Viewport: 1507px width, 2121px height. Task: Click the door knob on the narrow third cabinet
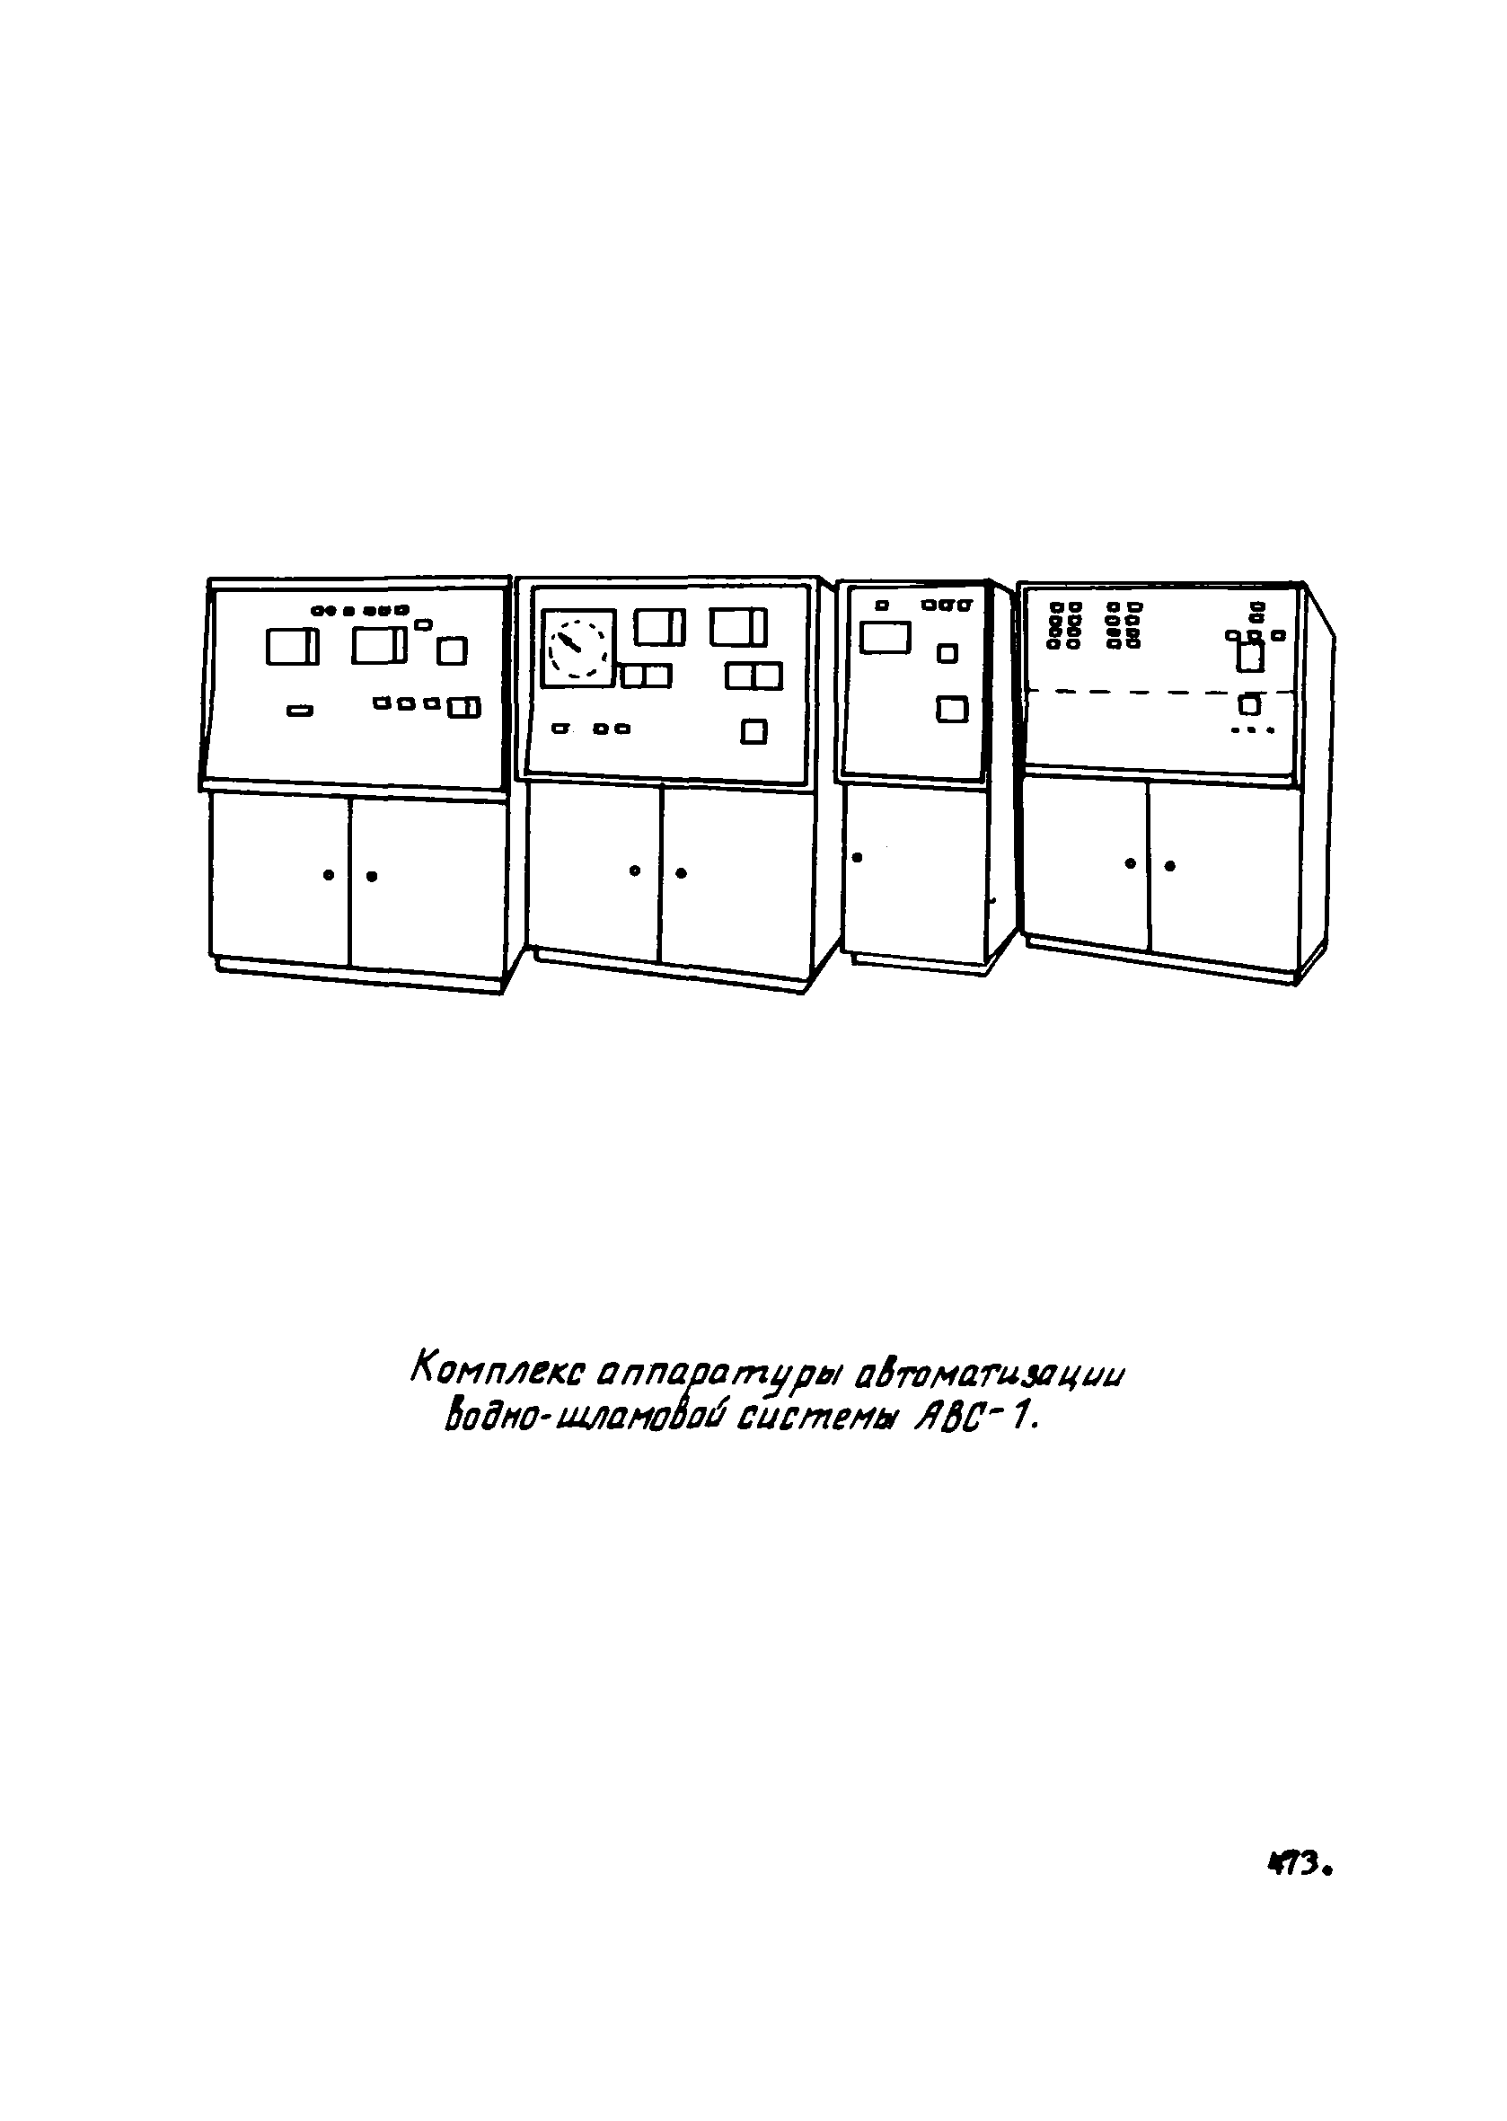coord(857,857)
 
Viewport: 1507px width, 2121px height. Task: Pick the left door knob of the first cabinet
coord(328,875)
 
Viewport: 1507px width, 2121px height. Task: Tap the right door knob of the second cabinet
coord(681,872)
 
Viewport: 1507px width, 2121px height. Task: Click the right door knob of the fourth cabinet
coord(1169,866)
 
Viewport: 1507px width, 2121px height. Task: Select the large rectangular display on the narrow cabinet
coord(885,638)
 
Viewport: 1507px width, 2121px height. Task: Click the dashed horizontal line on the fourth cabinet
coord(1160,692)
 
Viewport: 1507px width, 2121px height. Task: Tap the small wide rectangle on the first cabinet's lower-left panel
coord(300,711)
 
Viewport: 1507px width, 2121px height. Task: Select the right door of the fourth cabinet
coord(1222,868)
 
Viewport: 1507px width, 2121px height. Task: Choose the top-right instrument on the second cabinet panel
coord(737,626)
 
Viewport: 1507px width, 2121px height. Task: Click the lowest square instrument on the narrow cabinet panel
coord(951,709)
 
